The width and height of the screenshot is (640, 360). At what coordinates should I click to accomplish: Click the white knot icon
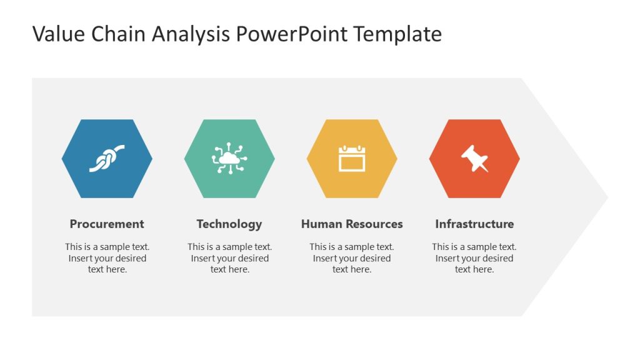pyautogui.click(x=107, y=158)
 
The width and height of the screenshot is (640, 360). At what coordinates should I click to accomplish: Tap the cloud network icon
pyautogui.click(x=229, y=158)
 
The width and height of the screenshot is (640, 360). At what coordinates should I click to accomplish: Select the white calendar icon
pyautogui.click(x=352, y=158)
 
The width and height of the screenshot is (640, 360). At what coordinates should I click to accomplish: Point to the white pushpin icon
pyautogui.click(x=474, y=158)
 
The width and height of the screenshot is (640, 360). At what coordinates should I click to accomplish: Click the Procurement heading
pyautogui.click(x=107, y=224)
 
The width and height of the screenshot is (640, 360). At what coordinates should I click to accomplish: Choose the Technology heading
pyautogui.click(x=229, y=224)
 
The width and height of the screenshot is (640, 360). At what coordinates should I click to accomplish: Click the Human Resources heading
pyautogui.click(x=352, y=224)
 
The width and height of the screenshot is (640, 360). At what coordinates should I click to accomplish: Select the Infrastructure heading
pyautogui.click(x=474, y=224)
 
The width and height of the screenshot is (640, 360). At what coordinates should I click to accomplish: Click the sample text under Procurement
pyautogui.click(x=107, y=258)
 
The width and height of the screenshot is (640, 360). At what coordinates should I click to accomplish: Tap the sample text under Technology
pyautogui.click(x=230, y=258)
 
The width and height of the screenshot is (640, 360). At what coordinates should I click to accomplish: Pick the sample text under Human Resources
pyautogui.click(x=352, y=258)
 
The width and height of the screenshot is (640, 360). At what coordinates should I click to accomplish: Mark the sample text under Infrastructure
pyautogui.click(x=474, y=258)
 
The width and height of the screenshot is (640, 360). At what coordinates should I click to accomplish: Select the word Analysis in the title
pyautogui.click(x=191, y=34)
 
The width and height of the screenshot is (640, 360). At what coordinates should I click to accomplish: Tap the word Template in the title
pyautogui.click(x=397, y=34)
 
